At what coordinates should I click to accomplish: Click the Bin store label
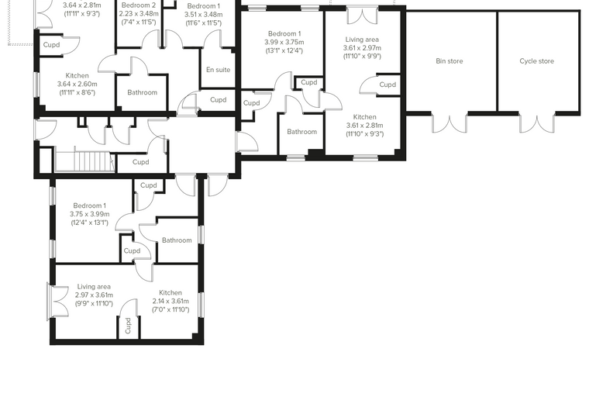coord(449,61)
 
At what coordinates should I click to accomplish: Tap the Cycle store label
coord(536,61)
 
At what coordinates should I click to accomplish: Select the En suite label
coord(219,70)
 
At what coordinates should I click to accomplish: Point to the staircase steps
coord(84,161)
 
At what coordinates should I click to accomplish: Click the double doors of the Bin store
coord(449,123)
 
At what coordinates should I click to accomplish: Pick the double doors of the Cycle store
coord(537,123)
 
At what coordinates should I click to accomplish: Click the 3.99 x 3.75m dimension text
coord(284,42)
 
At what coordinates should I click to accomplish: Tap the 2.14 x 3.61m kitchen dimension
coord(170,301)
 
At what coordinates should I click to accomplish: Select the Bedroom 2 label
coord(139,5)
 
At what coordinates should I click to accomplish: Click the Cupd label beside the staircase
coord(141,162)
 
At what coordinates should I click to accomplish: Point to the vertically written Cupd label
coord(128,326)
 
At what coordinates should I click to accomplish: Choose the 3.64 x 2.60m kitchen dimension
coord(77,84)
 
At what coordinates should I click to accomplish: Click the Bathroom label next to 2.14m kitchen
coord(177,240)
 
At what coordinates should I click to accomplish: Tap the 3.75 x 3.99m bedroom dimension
coord(90,214)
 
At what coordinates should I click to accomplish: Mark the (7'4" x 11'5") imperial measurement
coord(139,22)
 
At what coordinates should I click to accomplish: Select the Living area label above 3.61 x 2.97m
coord(362,40)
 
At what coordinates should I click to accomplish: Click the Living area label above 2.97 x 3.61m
coord(94,287)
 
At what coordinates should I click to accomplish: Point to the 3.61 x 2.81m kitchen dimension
coord(365,126)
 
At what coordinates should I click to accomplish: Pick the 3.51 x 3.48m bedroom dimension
coord(203,14)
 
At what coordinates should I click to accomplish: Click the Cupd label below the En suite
coord(219,99)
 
